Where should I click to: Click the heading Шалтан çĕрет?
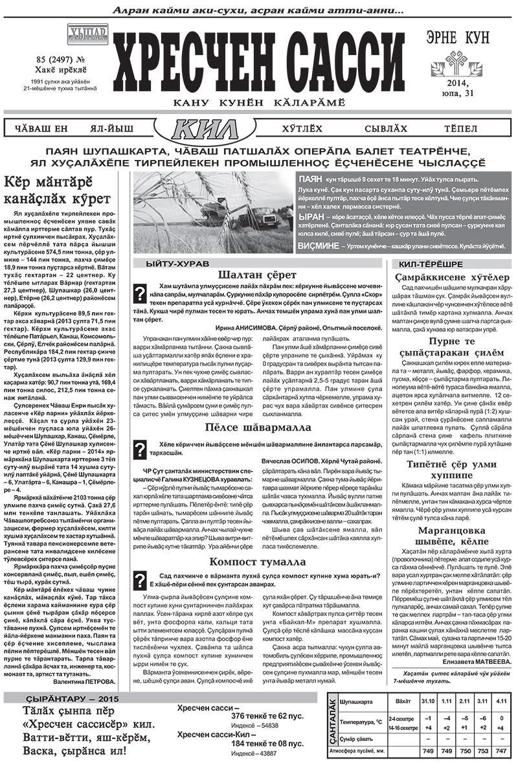coord(258,275)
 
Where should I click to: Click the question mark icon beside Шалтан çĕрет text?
coord(138,293)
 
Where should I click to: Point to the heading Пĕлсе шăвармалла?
coord(258,428)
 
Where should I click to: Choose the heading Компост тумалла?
coord(258,561)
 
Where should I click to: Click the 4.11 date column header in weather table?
coord(501,701)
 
